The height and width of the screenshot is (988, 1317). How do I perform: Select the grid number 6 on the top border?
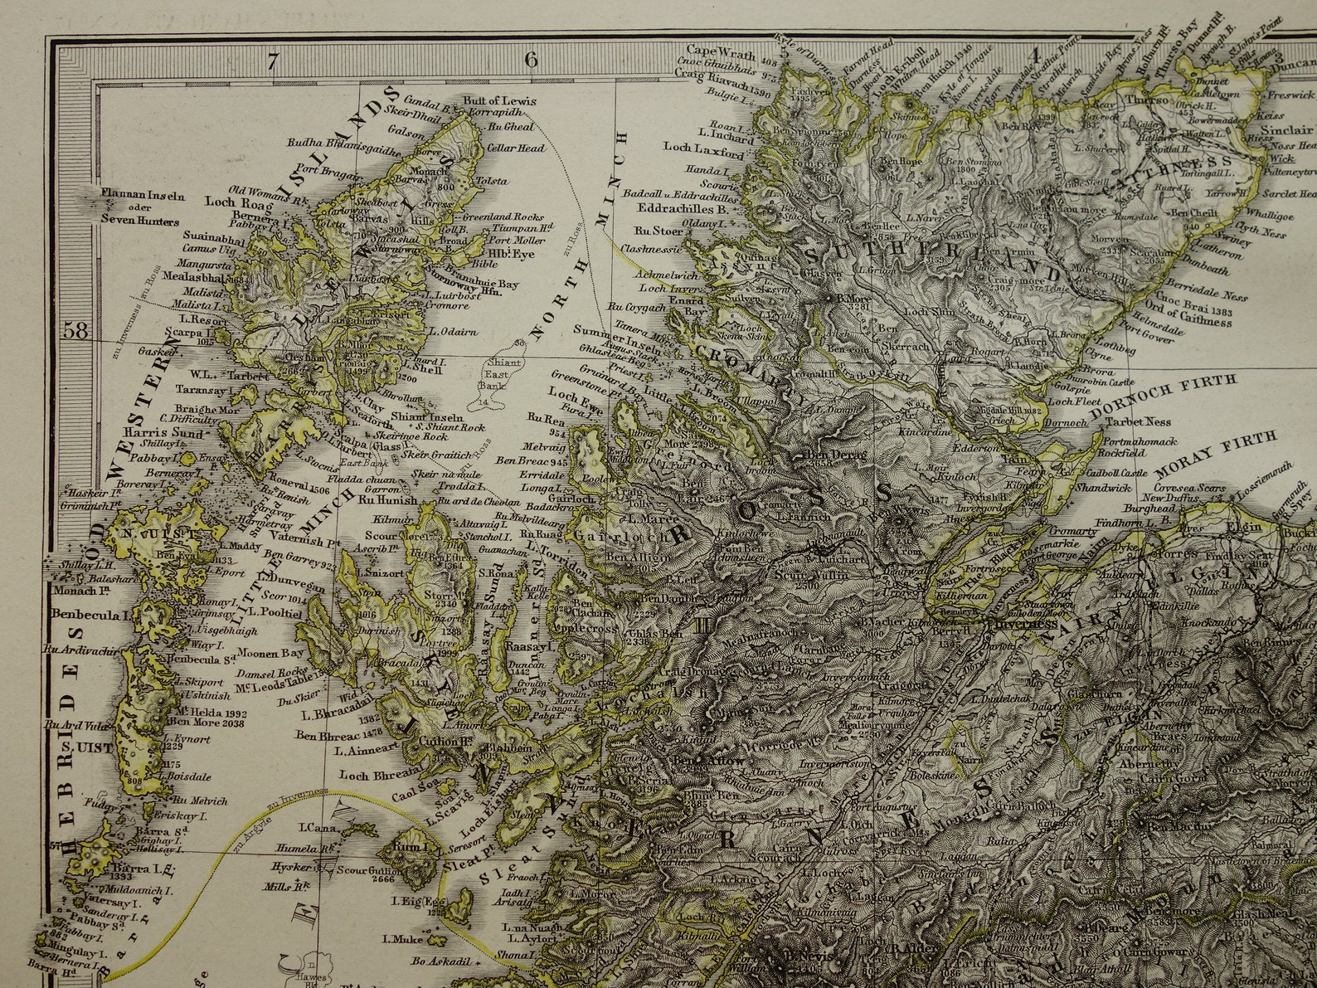pyautogui.click(x=531, y=60)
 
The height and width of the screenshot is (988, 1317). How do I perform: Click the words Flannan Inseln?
pyautogui.click(x=142, y=199)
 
